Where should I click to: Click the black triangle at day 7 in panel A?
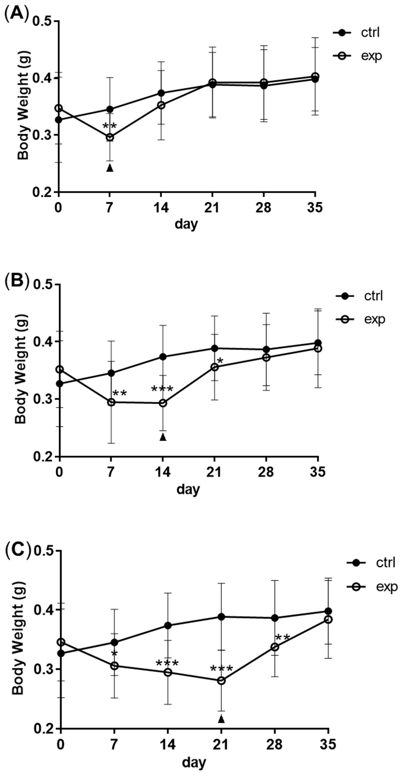point(110,168)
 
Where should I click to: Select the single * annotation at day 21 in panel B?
point(220,361)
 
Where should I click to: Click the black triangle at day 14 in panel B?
point(163,437)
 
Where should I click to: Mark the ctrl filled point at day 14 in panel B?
point(163,357)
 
